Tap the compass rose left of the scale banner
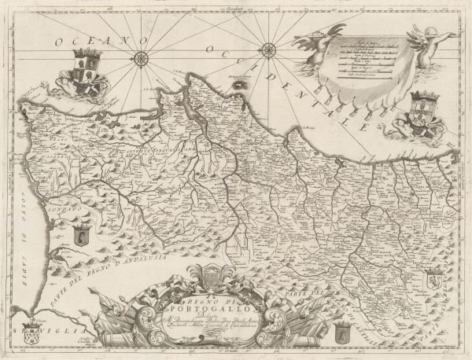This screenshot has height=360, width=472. [267, 50]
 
